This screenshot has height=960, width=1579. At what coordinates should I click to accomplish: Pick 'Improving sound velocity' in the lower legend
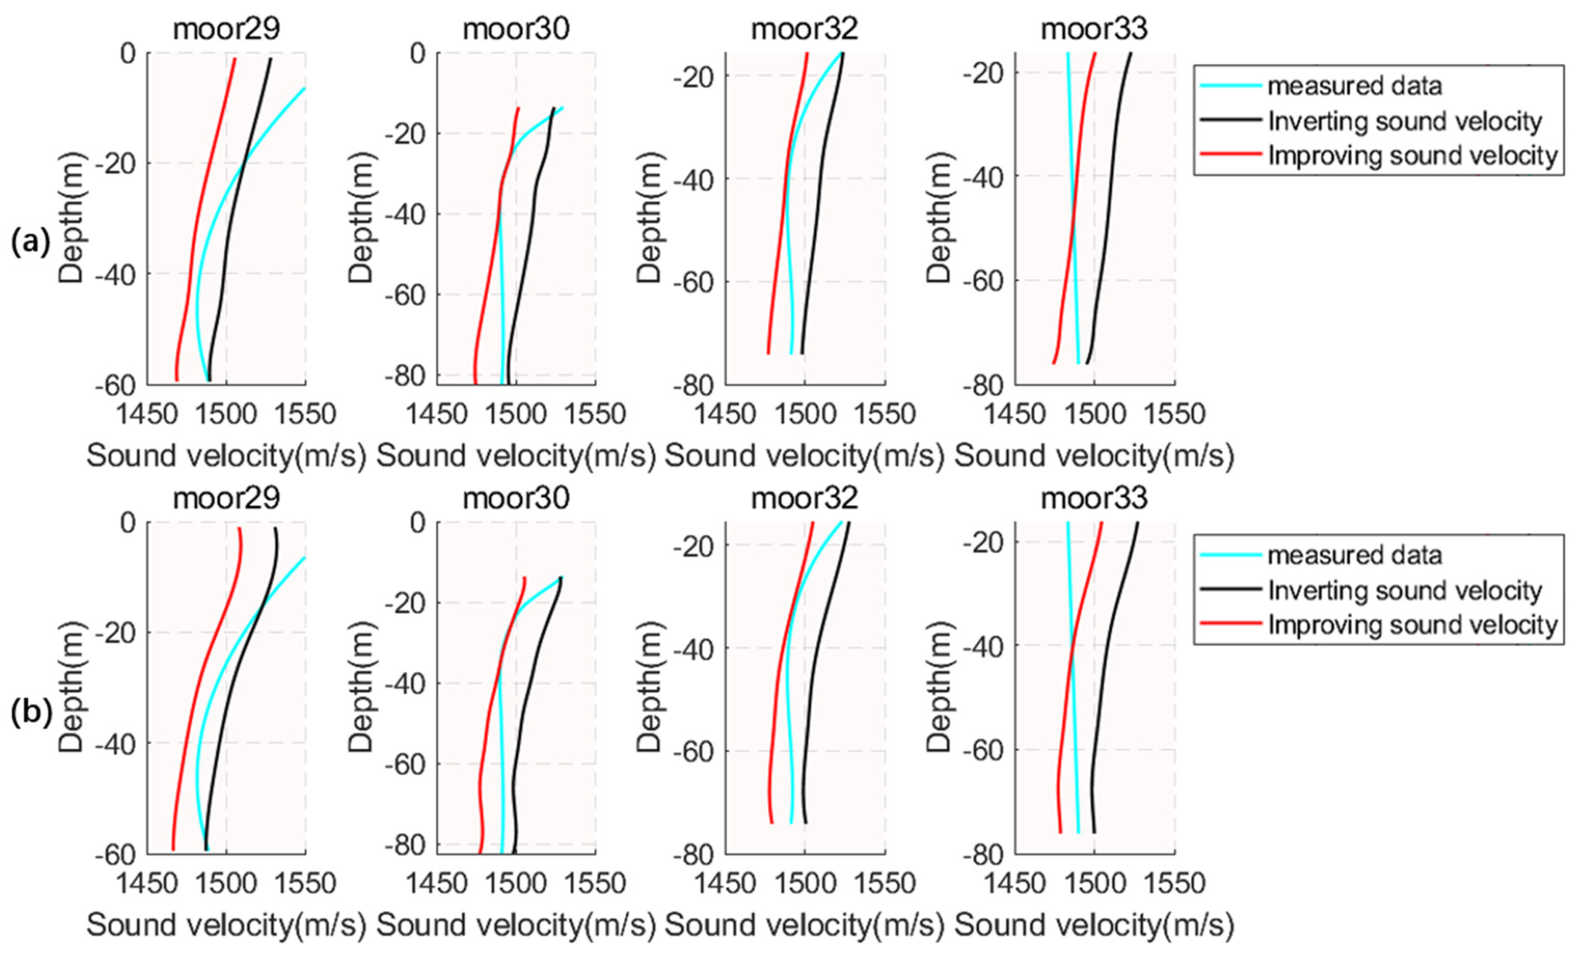pyautogui.click(x=1412, y=625)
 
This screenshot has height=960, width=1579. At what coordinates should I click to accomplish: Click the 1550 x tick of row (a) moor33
pyautogui.click(x=1174, y=414)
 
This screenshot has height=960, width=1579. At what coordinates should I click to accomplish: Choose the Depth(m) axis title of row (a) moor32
pyautogui.click(x=649, y=218)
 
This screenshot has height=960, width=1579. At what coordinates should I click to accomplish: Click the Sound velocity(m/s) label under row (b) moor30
pyautogui.click(x=516, y=925)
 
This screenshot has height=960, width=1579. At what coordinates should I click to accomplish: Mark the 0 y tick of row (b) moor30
pyautogui.click(x=418, y=523)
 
